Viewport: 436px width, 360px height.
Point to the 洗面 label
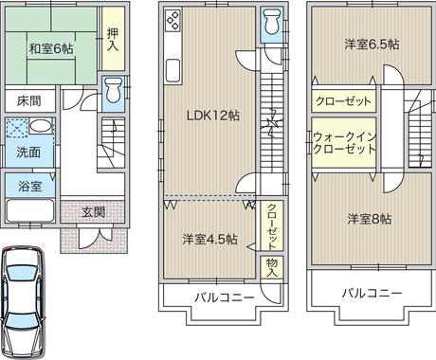pos(27,152)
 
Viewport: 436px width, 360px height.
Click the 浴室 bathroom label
pos(28,186)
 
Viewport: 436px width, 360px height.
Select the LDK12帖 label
pos(211,117)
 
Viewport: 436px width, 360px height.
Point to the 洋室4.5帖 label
pos(209,238)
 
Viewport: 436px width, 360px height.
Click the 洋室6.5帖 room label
pos(371,44)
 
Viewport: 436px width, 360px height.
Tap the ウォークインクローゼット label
pos(344,143)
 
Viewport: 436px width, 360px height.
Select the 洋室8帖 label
pos(369,219)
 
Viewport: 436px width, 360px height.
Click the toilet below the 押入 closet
pos(114,90)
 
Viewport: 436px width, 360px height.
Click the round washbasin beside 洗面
pos(42,128)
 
